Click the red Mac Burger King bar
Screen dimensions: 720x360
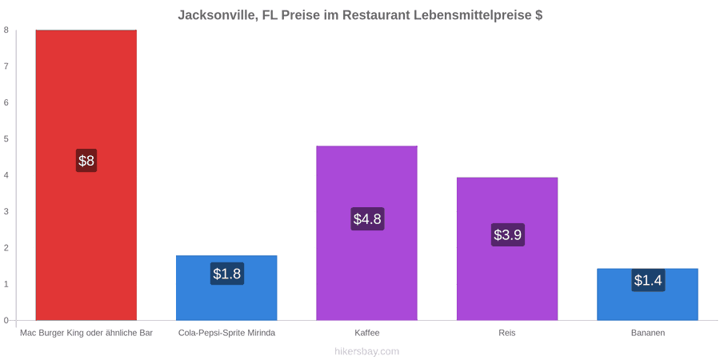[x=86, y=175]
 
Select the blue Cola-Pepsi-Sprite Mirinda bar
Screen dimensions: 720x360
[x=227, y=288]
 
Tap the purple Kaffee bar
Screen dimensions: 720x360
[x=367, y=233]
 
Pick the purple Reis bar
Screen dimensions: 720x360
[x=507, y=249]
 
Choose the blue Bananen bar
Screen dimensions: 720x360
[x=647, y=294]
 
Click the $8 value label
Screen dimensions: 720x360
[x=86, y=161]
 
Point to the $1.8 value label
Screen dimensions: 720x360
[x=227, y=274]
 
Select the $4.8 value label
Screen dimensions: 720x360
[x=367, y=218]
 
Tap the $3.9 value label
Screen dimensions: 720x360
[x=507, y=234]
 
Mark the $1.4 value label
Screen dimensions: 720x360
[x=648, y=280]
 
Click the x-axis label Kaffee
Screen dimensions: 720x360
[x=367, y=333]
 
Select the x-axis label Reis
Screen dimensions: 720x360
[x=507, y=333]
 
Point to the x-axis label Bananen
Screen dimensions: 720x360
[x=647, y=333]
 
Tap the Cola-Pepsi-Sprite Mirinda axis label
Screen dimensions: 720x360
[x=227, y=333]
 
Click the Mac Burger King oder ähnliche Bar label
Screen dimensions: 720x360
[x=86, y=333]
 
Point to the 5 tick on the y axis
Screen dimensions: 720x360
[x=6, y=138]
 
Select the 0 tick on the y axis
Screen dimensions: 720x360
[x=6, y=321]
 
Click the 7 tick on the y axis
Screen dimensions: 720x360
[x=6, y=66]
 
